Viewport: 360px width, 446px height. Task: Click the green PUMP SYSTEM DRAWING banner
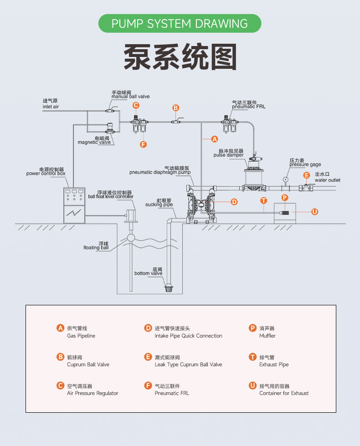[x=180, y=23]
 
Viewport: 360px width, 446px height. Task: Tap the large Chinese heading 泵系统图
[x=180, y=57]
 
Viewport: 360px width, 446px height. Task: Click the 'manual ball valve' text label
[x=130, y=97]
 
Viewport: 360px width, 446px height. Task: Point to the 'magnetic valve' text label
[x=94, y=142]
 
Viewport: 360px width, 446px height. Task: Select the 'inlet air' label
[x=51, y=107]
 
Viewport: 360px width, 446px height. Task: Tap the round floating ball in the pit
[x=131, y=237]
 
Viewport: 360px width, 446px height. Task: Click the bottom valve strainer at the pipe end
[x=169, y=288]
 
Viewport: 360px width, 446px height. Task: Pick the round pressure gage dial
[x=285, y=179]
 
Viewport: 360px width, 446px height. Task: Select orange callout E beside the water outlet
[x=307, y=175]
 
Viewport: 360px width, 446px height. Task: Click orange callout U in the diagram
[x=314, y=211]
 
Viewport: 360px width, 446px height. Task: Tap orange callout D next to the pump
[x=234, y=201]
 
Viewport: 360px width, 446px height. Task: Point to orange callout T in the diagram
[x=263, y=200]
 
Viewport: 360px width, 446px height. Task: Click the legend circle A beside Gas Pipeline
[x=60, y=328]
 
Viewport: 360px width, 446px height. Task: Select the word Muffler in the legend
[x=267, y=336]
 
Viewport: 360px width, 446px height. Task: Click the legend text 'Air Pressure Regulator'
[x=93, y=393]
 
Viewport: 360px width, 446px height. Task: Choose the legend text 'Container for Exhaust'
[x=284, y=393]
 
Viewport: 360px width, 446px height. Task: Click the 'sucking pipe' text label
[x=159, y=205]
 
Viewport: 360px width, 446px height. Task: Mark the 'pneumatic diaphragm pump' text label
[x=160, y=173]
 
